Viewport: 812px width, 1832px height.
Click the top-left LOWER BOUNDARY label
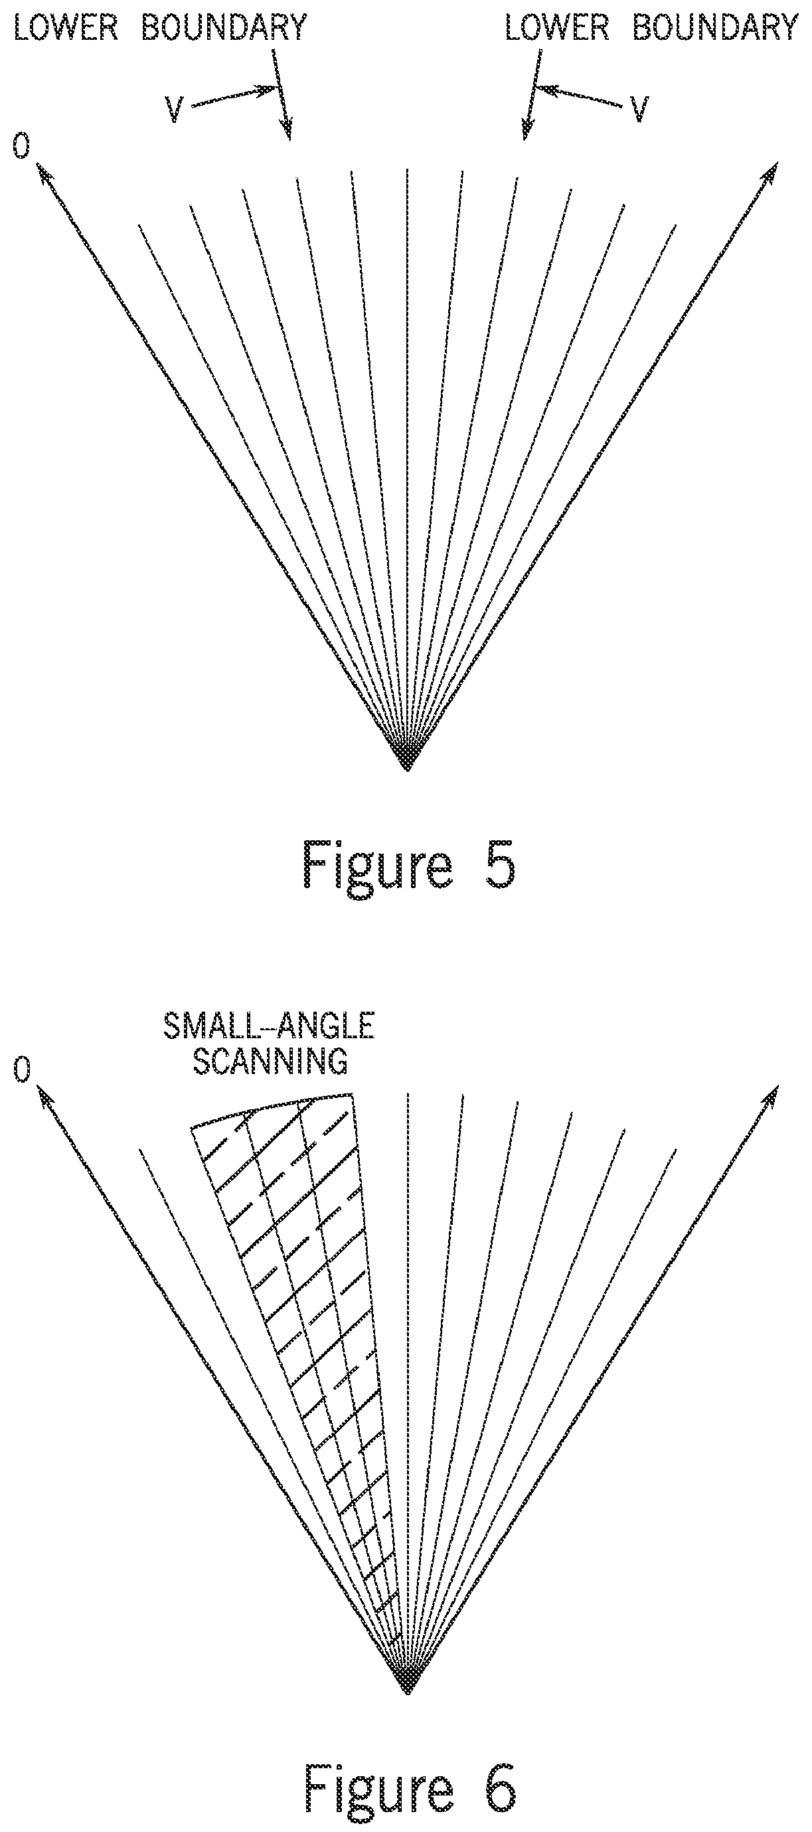tap(160, 29)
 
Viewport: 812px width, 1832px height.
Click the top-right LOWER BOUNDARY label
tap(651, 29)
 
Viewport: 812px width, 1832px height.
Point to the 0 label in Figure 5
tap(22, 147)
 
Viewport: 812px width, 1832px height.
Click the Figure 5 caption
tap(408, 864)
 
